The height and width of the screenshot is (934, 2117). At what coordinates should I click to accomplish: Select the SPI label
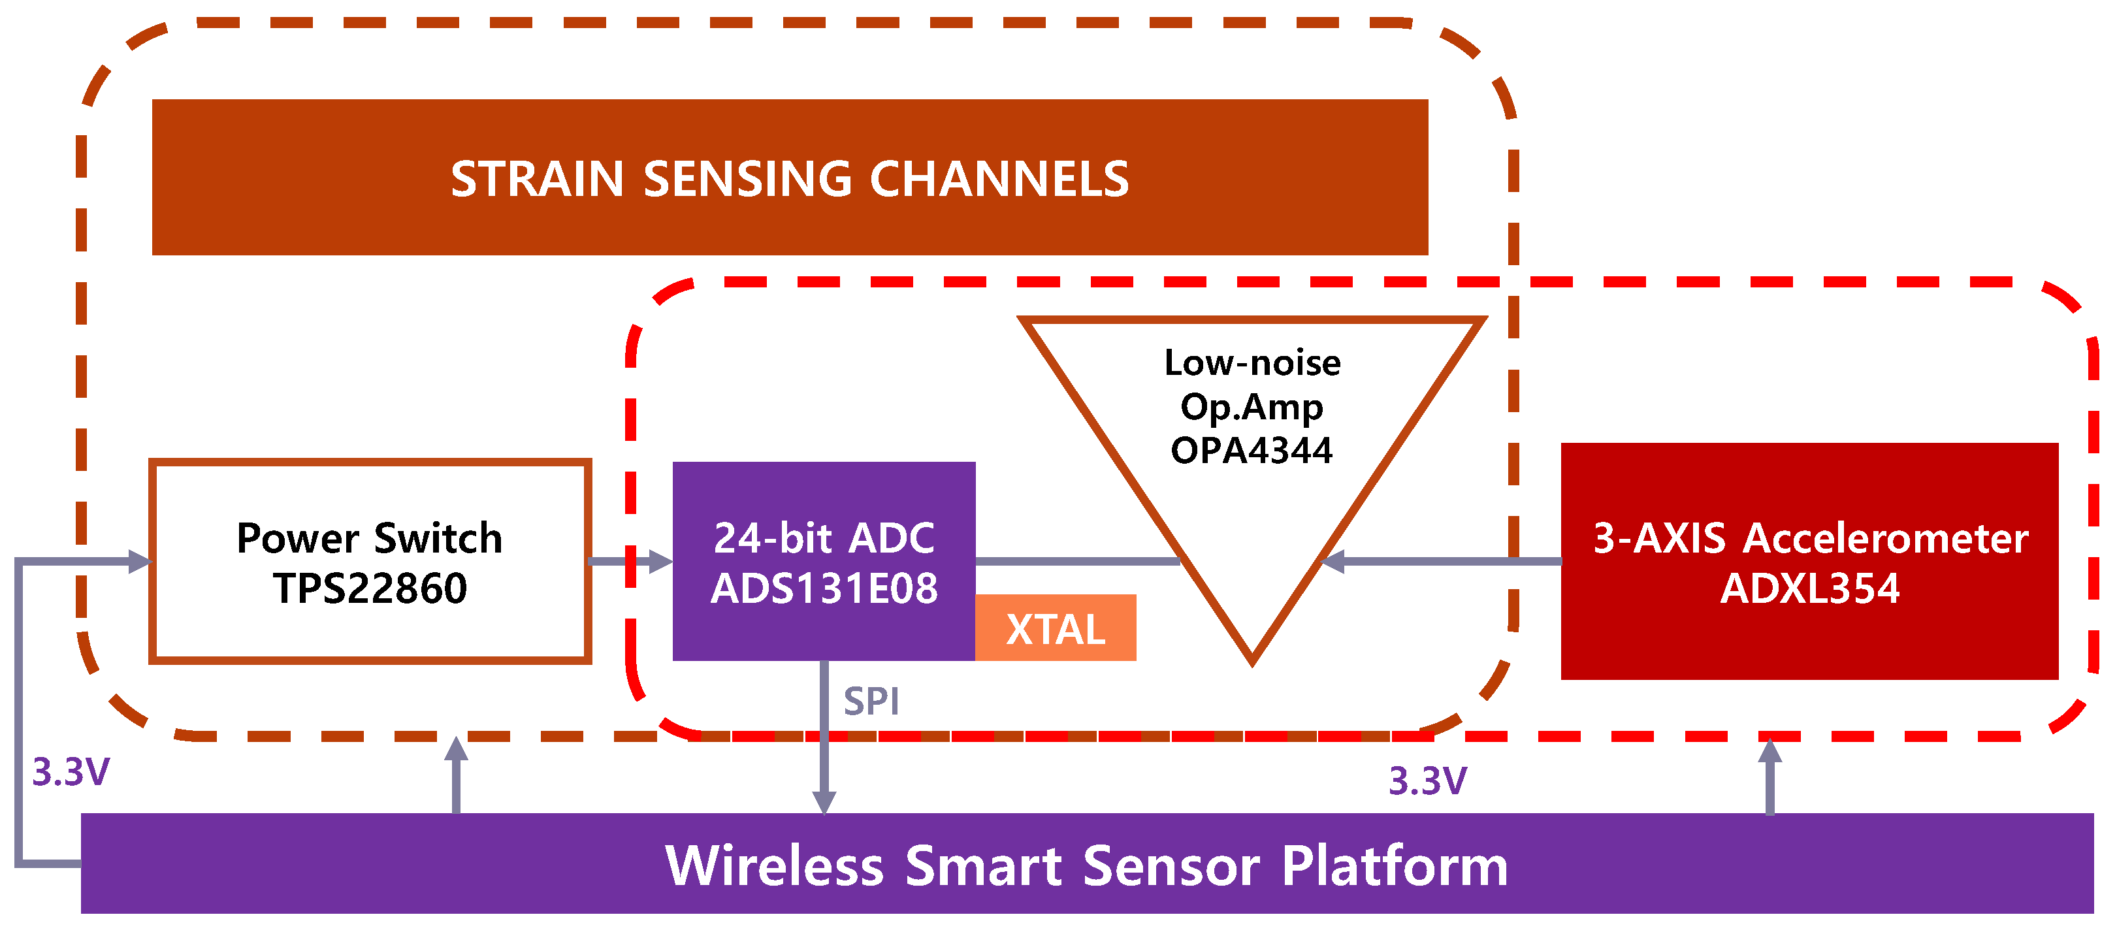point(871,701)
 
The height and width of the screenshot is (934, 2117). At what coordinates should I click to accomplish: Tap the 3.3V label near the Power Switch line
point(71,772)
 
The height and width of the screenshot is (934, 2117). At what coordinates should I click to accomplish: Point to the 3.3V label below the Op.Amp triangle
point(1427,781)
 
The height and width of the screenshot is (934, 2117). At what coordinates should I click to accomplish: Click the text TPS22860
point(370,589)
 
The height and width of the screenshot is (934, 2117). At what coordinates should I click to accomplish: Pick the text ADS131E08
point(824,589)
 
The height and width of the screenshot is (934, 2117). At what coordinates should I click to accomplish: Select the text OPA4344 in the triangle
point(1251,450)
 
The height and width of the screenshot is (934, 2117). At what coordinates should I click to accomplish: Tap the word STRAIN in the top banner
point(537,179)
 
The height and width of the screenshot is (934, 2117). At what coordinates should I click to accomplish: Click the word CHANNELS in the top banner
point(999,179)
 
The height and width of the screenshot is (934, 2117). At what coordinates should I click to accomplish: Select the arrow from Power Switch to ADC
point(630,562)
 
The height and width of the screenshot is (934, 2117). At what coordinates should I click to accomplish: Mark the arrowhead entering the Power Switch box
point(140,562)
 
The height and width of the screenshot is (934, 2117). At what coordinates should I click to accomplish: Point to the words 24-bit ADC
point(824,538)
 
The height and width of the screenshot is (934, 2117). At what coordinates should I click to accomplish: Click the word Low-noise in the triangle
point(1252,362)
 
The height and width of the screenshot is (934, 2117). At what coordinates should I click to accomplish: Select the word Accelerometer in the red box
point(1885,538)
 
